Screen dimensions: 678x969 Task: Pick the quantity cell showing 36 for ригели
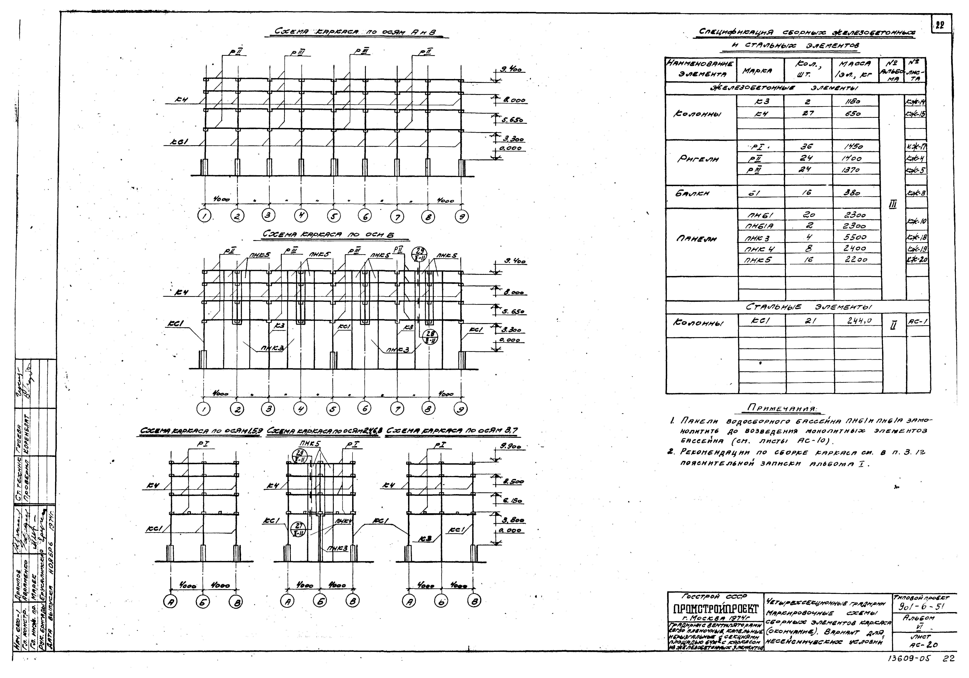pyautogui.click(x=807, y=147)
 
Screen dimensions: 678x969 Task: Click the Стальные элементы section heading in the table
pyautogui.click(x=808, y=307)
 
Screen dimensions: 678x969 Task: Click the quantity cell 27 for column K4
pyautogui.click(x=807, y=113)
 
